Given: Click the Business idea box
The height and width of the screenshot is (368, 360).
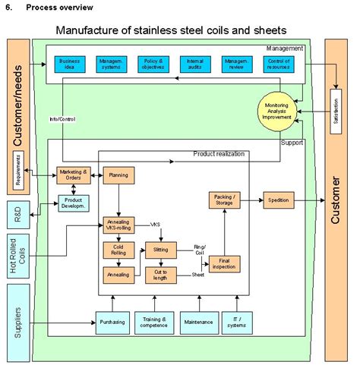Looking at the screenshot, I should click(x=70, y=64).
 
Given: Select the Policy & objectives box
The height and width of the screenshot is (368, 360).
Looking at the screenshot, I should click(x=153, y=64).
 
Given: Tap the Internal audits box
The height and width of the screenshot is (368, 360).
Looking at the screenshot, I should click(x=194, y=64).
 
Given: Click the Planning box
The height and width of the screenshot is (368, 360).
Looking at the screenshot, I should click(x=118, y=176).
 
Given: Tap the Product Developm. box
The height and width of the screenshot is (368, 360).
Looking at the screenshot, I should click(x=73, y=203).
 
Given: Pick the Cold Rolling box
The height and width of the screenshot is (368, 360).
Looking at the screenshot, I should click(x=118, y=250).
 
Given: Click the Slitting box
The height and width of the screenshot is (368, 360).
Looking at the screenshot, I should click(x=160, y=250).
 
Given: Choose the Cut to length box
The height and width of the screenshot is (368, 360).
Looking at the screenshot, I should click(x=160, y=274).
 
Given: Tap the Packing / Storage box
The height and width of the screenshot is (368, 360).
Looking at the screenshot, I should click(x=224, y=201).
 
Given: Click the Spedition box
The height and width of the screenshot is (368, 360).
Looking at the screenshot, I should click(x=276, y=201).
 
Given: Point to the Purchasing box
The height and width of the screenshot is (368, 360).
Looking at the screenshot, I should click(x=112, y=322).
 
